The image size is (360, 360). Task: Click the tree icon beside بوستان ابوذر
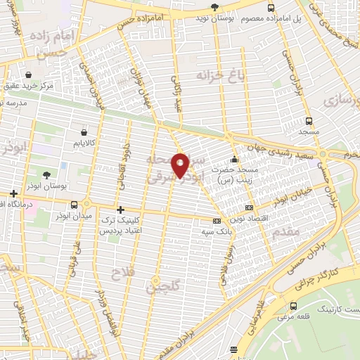pyautogui.click(x=46, y=175)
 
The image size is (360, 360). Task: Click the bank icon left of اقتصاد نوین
pyautogui.click(x=249, y=208)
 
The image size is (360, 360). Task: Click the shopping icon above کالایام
pyautogui.click(x=84, y=131)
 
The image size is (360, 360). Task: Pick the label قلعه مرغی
pyautogui.click(x=293, y=318)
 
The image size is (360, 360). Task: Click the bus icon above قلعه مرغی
pyautogui.click(x=293, y=306)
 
